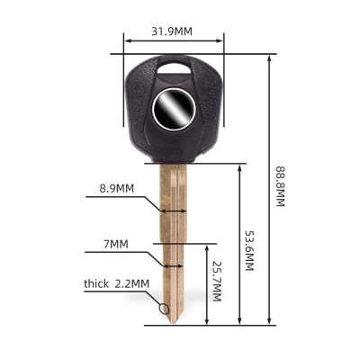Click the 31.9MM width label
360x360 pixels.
pos(172,31)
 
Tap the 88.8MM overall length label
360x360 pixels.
pos(279,186)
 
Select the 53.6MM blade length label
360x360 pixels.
pos(249,250)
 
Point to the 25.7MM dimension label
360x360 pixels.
pos(217,281)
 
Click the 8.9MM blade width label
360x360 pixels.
pos(117,188)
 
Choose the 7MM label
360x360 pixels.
pos(116,244)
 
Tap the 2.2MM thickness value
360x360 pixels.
pos(132,283)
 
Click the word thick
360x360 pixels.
pos(96,283)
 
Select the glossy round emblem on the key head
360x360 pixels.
pos(174,110)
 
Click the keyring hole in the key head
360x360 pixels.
pos(174,67)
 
